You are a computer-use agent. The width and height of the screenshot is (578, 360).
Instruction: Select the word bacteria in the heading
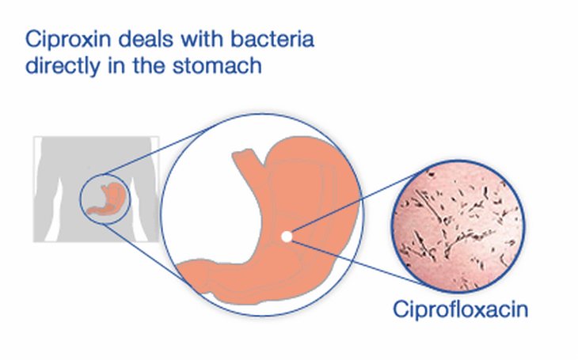point(272,39)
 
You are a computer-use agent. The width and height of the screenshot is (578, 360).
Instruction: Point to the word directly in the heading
point(63,66)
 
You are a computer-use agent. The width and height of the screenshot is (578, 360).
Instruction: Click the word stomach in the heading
point(217,66)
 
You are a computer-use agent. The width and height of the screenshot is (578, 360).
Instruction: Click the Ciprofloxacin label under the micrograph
point(460,310)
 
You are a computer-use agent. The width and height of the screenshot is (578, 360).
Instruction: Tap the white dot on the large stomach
point(287,237)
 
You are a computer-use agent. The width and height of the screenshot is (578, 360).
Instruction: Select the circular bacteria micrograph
point(458,225)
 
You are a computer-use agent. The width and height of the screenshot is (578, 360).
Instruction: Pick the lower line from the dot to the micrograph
point(359,263)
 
